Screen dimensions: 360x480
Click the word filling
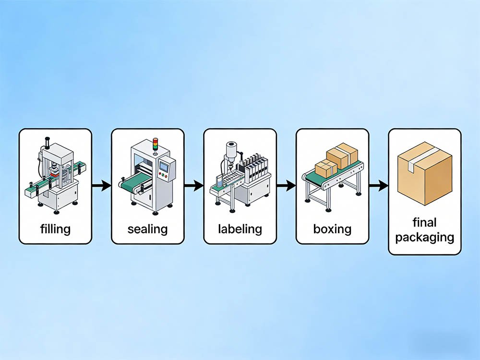tap(55, 228)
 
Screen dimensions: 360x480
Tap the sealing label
tap(147, 228)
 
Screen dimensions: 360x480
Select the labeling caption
tap(240, 228)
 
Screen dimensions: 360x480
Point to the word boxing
tap(332, 228)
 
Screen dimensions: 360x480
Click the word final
tap(424, 223)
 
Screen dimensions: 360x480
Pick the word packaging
tap(424, 237)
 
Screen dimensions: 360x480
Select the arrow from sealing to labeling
tap(193, 186)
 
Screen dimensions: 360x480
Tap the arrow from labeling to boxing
tap(286, 186)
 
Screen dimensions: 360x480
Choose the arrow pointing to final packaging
tap(378, 186)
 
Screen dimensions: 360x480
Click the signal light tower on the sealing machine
tap(155, 145)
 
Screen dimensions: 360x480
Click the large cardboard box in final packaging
tap(425, 175)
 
